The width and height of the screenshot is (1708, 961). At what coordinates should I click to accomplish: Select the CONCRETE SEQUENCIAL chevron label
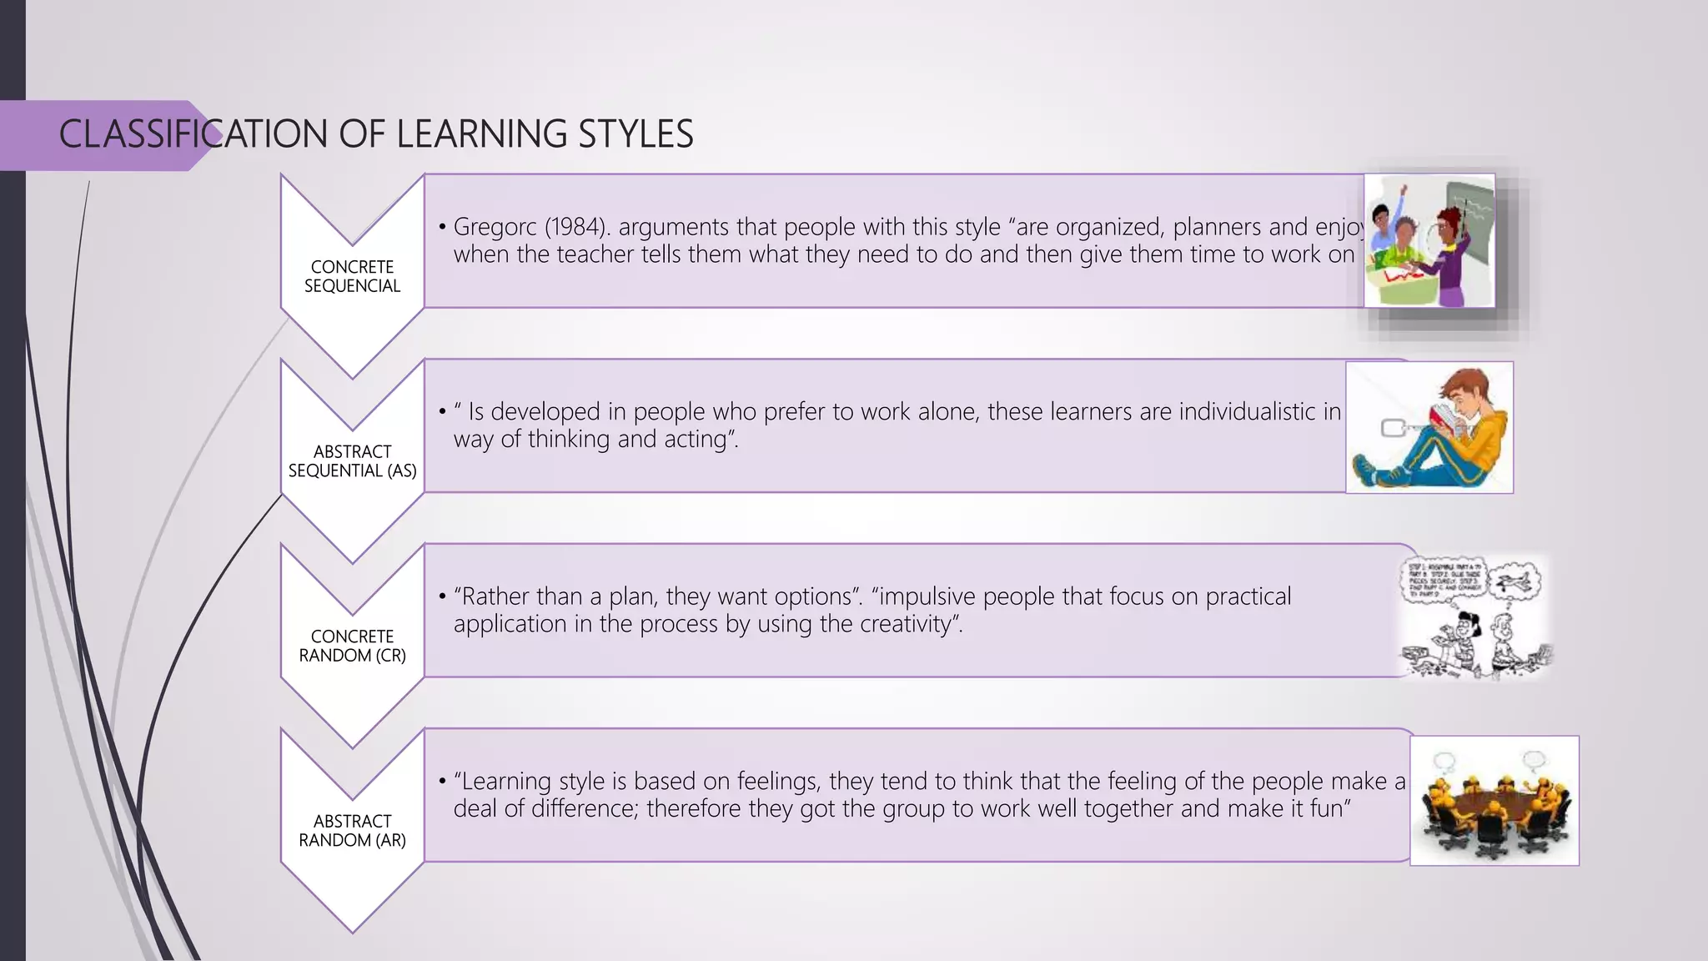(x=352, y=276)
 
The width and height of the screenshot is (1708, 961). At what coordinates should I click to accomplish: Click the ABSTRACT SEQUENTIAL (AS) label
(x=352, y=461)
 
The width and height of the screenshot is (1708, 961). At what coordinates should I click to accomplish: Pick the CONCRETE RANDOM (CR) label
(x=352, y=646)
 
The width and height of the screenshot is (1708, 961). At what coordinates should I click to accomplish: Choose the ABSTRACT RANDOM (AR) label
(x=352, y=831)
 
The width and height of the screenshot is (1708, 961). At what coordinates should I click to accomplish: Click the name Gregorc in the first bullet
(x=495, y=228)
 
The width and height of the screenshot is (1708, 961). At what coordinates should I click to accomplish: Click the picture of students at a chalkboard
(x=1429, y=241)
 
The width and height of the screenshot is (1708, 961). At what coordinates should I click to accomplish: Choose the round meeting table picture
(x=1494, y=801)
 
